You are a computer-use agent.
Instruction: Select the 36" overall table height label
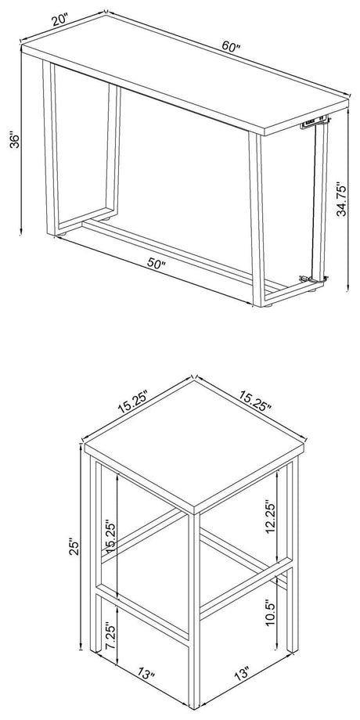point(13,141)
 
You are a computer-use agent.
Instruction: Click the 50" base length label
point(156,265)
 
